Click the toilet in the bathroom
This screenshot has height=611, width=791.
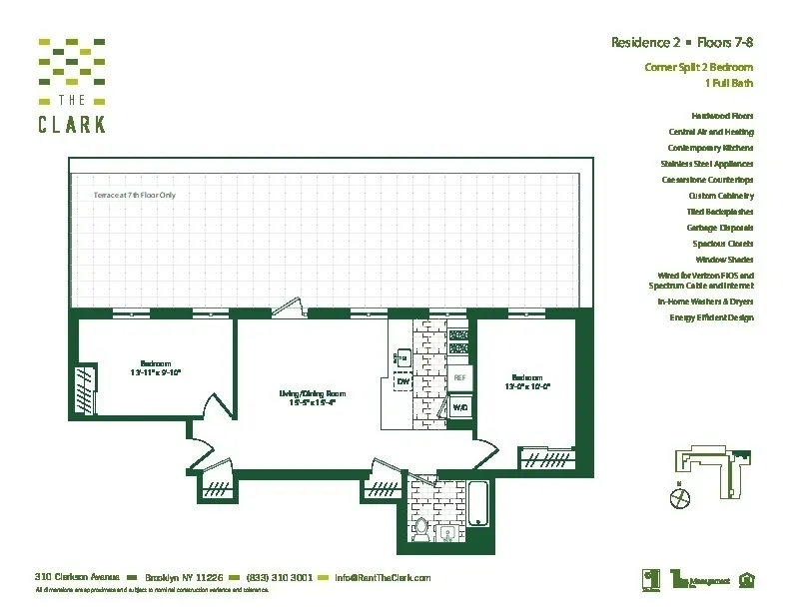click(420, 528)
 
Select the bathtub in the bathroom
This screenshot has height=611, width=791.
click(478, 506)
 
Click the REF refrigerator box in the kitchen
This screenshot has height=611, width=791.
click(459, 378)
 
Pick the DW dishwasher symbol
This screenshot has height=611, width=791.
click(403, 381)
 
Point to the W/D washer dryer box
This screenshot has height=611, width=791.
click(460, 407)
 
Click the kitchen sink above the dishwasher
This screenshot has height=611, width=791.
click(401, 356)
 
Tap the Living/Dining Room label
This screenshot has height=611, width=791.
click(312, 398)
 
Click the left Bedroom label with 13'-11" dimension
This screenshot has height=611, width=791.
click(155, 367)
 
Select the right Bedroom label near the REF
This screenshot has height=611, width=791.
click(527, 380)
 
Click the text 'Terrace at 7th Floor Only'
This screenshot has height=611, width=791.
click(135, 195)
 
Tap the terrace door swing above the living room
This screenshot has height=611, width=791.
click(290, 305)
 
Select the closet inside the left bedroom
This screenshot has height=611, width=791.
click(84, 388)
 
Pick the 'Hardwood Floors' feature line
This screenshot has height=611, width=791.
click(722, 116)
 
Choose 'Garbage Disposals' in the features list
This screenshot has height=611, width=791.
click(719, 228)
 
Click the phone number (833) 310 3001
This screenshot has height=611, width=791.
click(280, 577)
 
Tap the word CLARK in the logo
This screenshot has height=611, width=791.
click(71, 125)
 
